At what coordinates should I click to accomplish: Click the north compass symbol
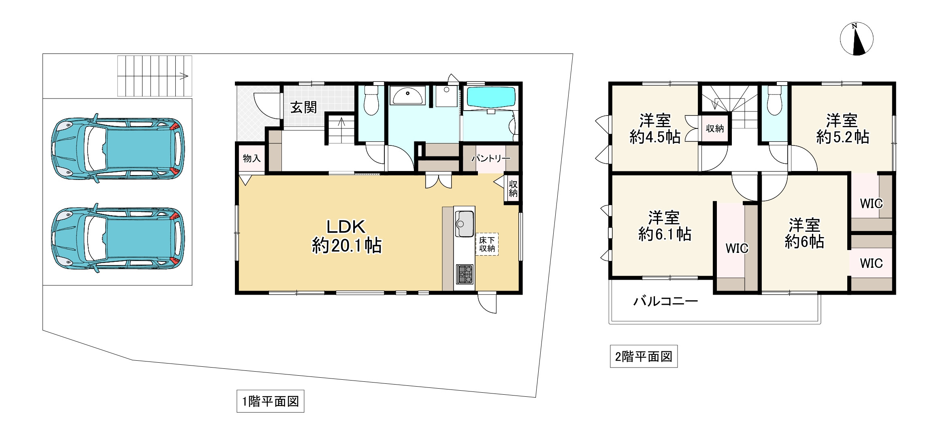[856, 39]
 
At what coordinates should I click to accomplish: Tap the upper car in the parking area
[118, 148]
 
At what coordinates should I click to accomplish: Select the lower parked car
[118, 238]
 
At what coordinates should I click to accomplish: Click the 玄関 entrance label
[303, 108]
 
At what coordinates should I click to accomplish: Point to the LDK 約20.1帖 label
[347, 237]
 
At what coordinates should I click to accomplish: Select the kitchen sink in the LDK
[464, 224]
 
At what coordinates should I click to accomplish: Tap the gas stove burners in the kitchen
[465, 274]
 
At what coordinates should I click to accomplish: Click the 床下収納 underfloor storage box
[487, 244]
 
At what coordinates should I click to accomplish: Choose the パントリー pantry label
[490, 158]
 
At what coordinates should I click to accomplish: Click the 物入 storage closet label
[252, 158]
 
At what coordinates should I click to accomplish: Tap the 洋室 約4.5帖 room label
[655, 129]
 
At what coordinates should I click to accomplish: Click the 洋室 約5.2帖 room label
[842, 129]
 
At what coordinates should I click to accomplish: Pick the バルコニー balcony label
[665, 301]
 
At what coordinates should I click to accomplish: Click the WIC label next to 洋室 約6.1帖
[737, 248]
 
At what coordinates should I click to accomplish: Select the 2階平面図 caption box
[644, 357]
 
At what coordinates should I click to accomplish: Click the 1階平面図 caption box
[270, 401]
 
